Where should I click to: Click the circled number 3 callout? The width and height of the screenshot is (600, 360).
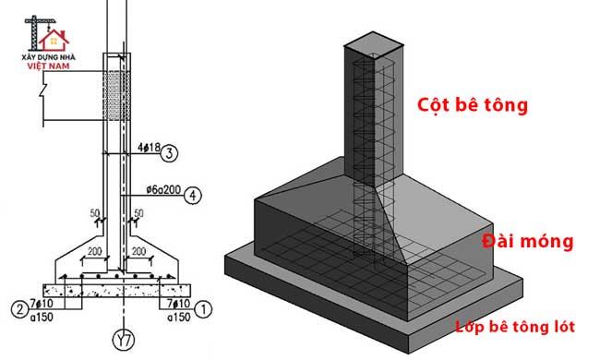169,153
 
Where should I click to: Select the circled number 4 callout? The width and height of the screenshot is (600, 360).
193,195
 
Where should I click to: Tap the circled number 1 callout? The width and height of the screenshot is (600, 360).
203,309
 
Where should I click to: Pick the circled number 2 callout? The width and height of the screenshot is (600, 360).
19,309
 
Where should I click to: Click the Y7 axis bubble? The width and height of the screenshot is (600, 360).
124,340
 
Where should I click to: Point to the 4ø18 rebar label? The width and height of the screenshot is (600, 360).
149,148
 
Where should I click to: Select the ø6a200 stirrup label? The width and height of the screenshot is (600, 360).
163,189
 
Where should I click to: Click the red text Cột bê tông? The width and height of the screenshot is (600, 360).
473,104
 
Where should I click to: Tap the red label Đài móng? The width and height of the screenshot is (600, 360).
528,241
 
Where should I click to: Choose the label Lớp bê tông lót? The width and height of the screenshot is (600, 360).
515,327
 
